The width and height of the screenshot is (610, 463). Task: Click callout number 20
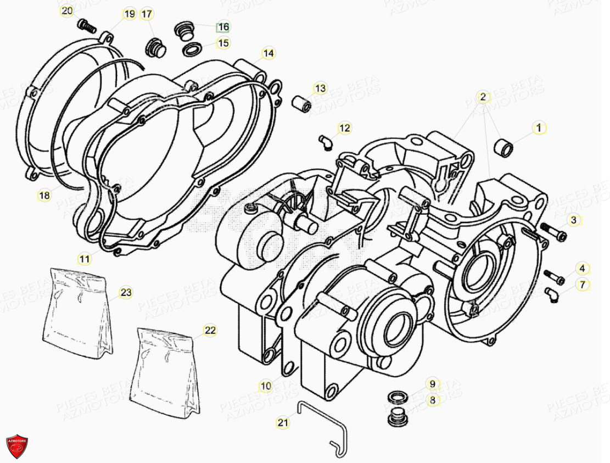click(66, 12)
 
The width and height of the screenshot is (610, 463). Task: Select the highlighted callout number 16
click(223, 27)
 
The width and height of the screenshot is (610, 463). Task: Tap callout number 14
click(268, 53)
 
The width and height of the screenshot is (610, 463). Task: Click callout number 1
click(539, 128)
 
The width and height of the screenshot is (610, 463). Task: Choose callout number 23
click(126, 293)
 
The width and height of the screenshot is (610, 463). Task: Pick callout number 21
click(282, 422)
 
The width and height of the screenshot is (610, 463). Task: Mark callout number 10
click(266, 387)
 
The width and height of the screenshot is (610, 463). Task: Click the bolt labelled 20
click(87, 25)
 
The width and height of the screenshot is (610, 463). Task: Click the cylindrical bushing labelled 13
click(301, 104)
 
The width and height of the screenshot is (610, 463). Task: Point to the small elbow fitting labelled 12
click(326, 141)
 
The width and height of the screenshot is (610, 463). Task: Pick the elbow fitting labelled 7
click(552, 294)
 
